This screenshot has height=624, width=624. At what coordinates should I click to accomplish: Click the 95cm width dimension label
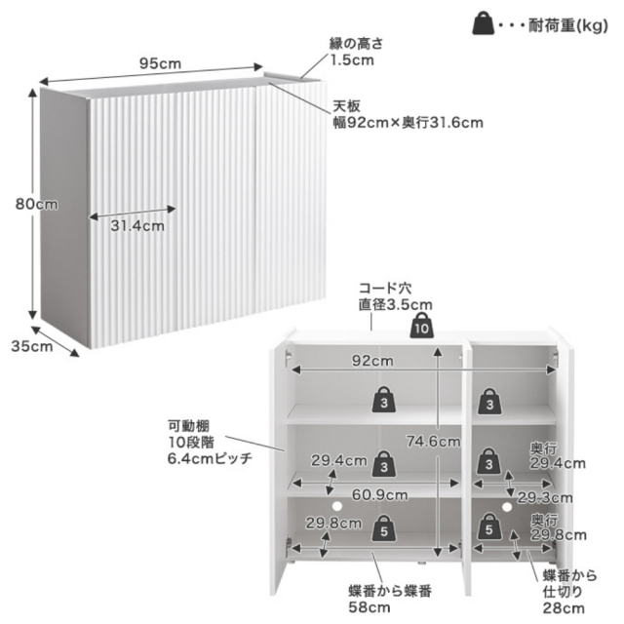tap(160, 63)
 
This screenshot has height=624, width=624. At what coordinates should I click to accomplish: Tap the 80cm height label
tap(37, 204)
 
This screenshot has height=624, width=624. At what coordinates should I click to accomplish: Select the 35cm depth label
tap(32, 346)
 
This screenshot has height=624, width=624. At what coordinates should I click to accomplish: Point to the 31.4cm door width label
tap(137, 226)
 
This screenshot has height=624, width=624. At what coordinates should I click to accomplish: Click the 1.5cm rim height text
tap(353, 60)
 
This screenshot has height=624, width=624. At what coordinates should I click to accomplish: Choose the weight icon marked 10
tap(422, 326)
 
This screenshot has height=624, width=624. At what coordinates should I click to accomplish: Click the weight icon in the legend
tap(483, 23)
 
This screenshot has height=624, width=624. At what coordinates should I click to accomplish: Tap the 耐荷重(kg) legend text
tap(568, 26)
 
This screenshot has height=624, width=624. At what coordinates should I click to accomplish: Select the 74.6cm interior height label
tap(433, 442)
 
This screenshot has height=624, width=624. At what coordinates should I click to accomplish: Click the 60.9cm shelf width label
tap(379, 495)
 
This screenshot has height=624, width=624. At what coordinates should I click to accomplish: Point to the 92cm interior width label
tap(372, 361)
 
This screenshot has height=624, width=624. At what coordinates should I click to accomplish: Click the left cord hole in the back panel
tap(337, 506)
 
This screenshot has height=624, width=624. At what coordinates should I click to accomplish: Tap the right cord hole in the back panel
tap(507, 507)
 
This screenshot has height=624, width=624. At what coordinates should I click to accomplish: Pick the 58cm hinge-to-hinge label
tap(370, 607)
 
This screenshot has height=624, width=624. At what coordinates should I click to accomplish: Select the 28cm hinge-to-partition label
tap(564, 608)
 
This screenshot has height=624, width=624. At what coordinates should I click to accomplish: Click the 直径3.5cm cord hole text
tap(395, 305)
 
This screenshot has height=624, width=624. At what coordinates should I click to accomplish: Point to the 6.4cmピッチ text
tap(210, 459)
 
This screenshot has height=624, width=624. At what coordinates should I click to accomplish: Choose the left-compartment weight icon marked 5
tap(384, 528)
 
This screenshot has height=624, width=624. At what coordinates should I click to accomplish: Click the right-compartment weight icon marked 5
tap(489, 526)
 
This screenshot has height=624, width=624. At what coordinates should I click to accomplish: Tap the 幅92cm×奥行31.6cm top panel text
tap(408, 123)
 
